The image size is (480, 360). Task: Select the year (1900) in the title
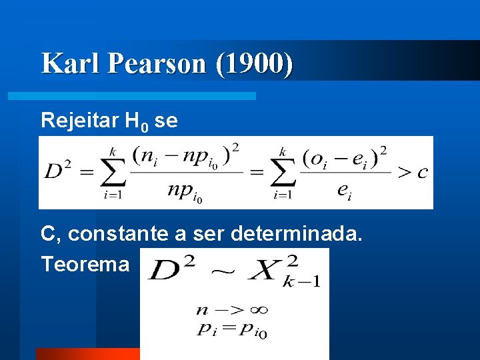point(254,63)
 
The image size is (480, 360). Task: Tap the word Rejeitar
point(78,121)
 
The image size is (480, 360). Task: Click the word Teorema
point(85,265)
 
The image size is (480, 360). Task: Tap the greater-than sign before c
point(404,173)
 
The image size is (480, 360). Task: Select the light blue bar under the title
point(131,96)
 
